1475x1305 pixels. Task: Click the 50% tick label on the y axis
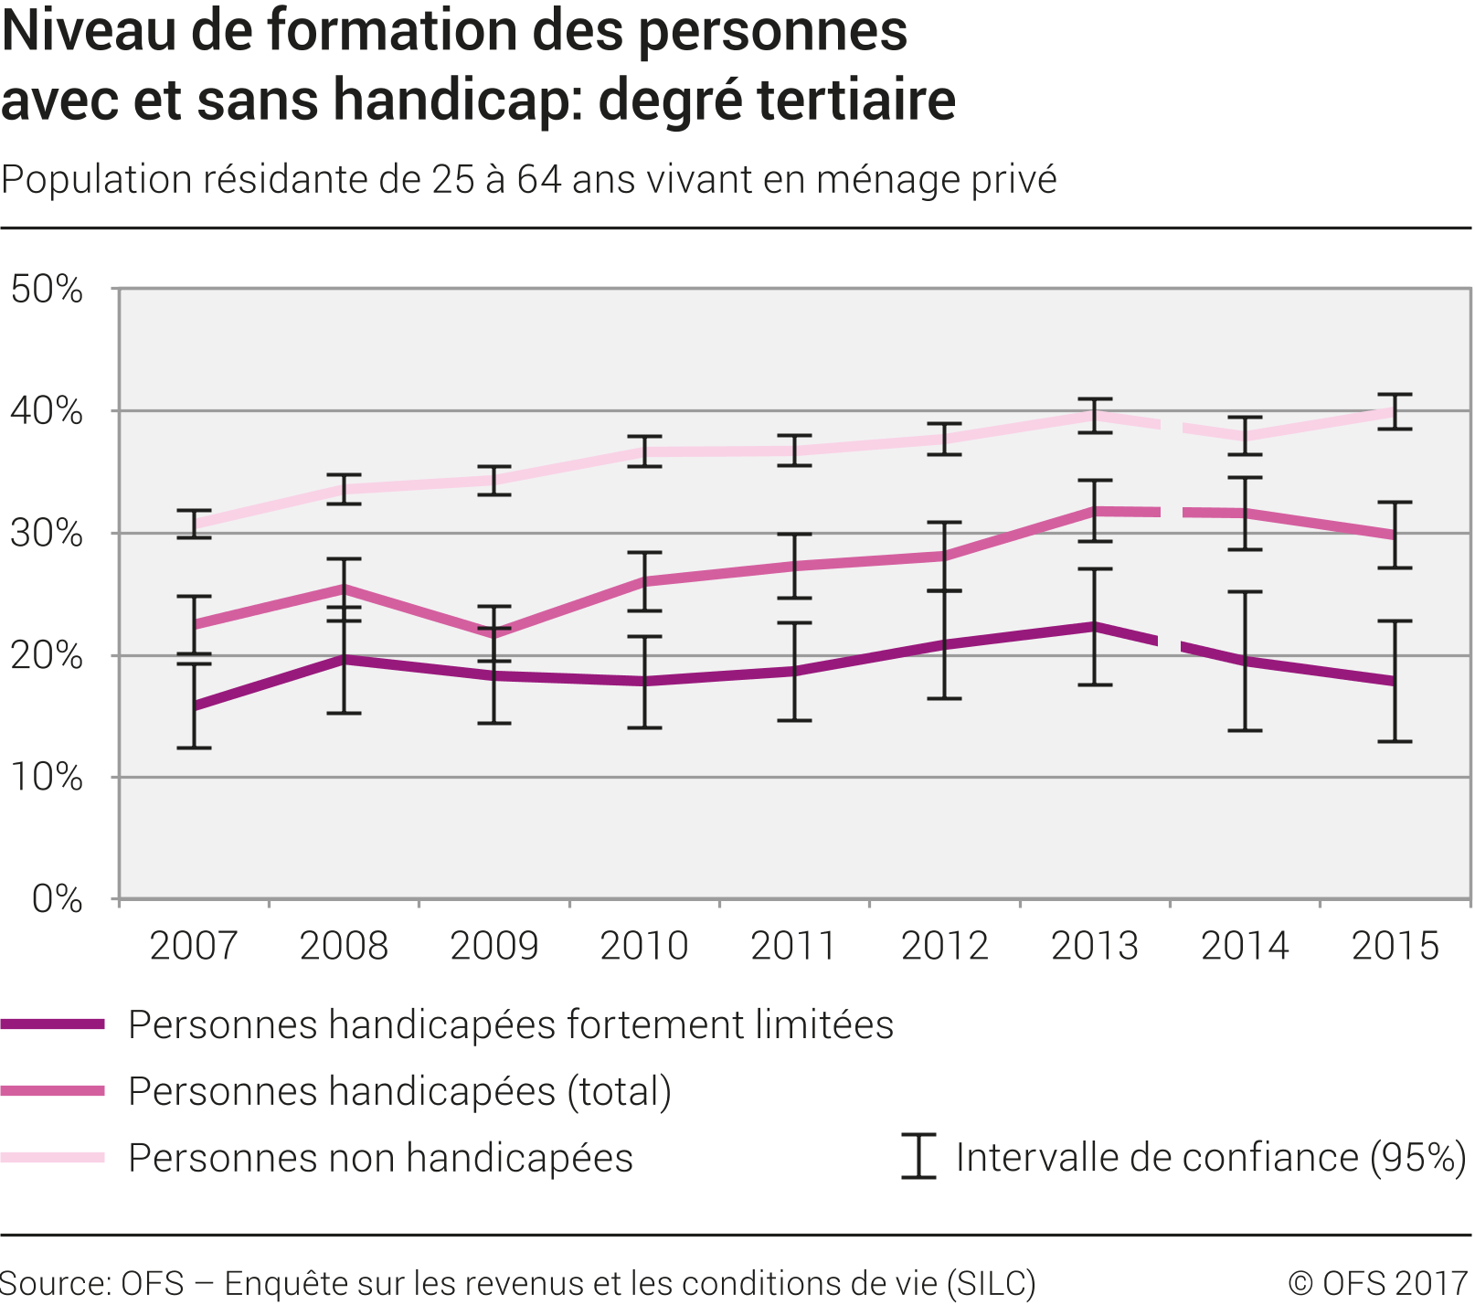click(x=47, y=290)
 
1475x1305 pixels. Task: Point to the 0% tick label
click(x=57, y=899)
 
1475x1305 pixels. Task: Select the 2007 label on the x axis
click(x=194, y=946)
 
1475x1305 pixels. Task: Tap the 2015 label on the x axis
click(x=1395, y=946)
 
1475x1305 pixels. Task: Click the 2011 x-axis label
click(x=794, y=946)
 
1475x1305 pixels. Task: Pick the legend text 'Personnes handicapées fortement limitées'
click(x=511, y=1024)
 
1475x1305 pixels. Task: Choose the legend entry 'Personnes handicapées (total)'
click(x=400, y=1091)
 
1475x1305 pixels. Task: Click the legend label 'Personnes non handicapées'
click(x=381, y=1158)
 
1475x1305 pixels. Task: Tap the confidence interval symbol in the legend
click(x=918, y=1156)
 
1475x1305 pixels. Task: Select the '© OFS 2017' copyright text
click(x=1378, y=1283)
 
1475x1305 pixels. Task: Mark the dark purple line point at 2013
click(x=1095, y=627)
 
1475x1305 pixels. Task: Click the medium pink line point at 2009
click(x=494, y=632)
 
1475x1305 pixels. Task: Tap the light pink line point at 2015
click(x=1395, y=412)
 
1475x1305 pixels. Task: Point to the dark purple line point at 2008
click(x=344, y=658)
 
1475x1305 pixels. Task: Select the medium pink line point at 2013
click(x=1095, y=511)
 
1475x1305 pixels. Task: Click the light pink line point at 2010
click(x=644, y=451)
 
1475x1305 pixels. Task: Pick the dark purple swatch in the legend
click(x=53, y=1024)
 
